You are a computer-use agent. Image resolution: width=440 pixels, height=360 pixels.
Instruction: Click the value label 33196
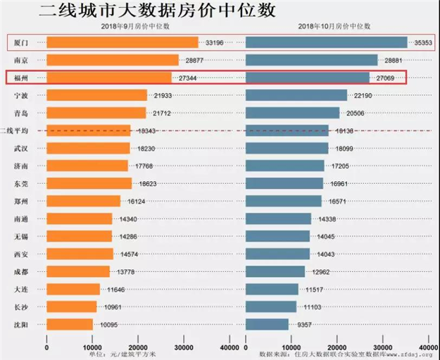213,43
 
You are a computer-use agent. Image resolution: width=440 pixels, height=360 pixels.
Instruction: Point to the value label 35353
422,43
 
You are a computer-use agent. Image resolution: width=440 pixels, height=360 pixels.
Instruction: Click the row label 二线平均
15,130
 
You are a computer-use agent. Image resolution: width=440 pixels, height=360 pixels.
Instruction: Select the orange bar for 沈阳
70,324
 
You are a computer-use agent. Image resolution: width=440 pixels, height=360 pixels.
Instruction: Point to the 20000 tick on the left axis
139,347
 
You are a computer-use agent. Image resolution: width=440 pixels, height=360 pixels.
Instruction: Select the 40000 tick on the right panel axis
429,347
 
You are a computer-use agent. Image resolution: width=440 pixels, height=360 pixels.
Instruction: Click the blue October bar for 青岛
292,113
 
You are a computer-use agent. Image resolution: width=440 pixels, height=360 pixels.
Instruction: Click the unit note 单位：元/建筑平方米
120,354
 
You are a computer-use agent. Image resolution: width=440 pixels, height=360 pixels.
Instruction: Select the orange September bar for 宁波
97,95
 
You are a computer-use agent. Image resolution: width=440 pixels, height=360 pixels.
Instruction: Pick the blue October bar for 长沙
271,306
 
